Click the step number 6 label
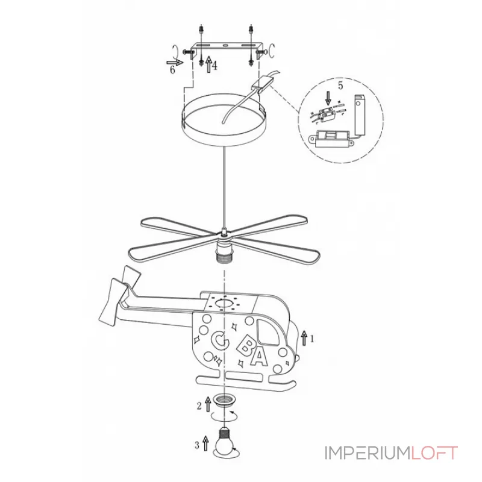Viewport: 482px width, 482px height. coord(172,70)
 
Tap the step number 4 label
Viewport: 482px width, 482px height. coord(214,66)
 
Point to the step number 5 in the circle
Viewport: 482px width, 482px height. coord(340,86)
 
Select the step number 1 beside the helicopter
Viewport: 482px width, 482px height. coord(312,339)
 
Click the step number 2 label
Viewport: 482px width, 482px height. coord(199,406)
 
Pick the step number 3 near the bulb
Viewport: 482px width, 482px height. coord(197,445)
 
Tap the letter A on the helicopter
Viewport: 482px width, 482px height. coord(260,357)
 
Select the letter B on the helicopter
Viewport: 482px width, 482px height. coord(245,345)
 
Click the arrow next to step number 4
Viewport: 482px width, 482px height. coord(208,64)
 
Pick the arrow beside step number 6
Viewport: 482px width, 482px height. coord(175,63)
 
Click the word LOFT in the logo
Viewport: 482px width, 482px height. coord(434,454)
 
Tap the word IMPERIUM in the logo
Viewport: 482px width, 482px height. coord(368,454)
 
